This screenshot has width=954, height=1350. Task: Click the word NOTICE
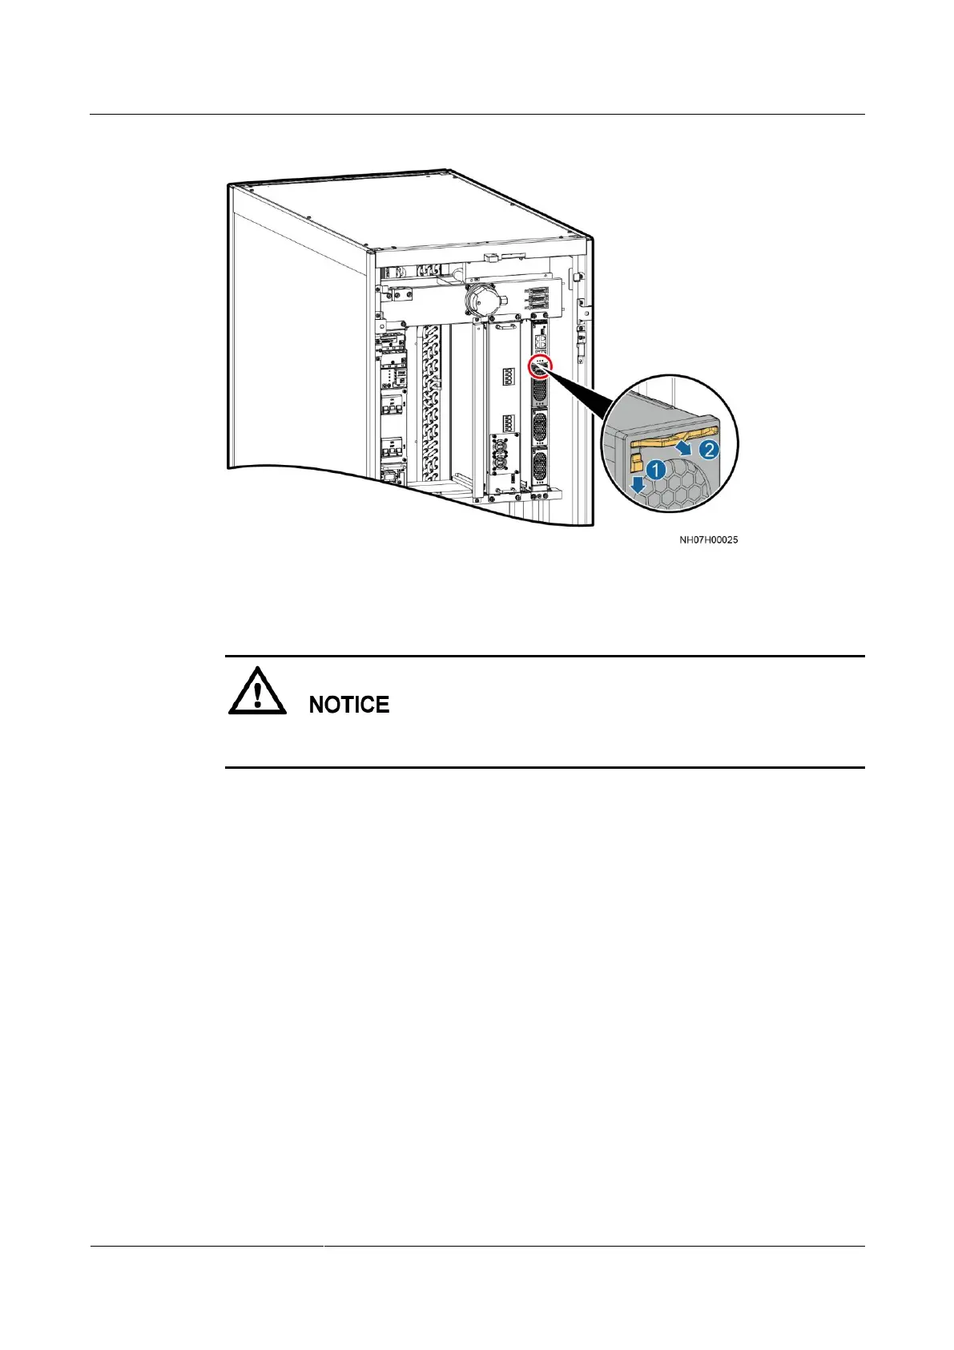[349, 705]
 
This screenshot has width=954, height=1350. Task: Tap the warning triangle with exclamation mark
[257, 692]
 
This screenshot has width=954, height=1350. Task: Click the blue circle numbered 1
[655, 470]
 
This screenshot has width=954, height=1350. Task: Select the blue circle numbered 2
[709, 450]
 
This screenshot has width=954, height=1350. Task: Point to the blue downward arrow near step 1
[637, 483]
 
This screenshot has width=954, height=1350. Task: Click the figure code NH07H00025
[709, 540]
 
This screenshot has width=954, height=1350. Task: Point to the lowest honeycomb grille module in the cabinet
[539, 466]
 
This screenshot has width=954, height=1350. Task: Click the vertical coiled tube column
[431, 401]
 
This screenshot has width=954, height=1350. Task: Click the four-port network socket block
[541, 342]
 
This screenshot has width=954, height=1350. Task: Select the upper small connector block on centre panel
[508, 377]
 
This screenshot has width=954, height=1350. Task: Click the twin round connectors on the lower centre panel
[505, 454]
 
